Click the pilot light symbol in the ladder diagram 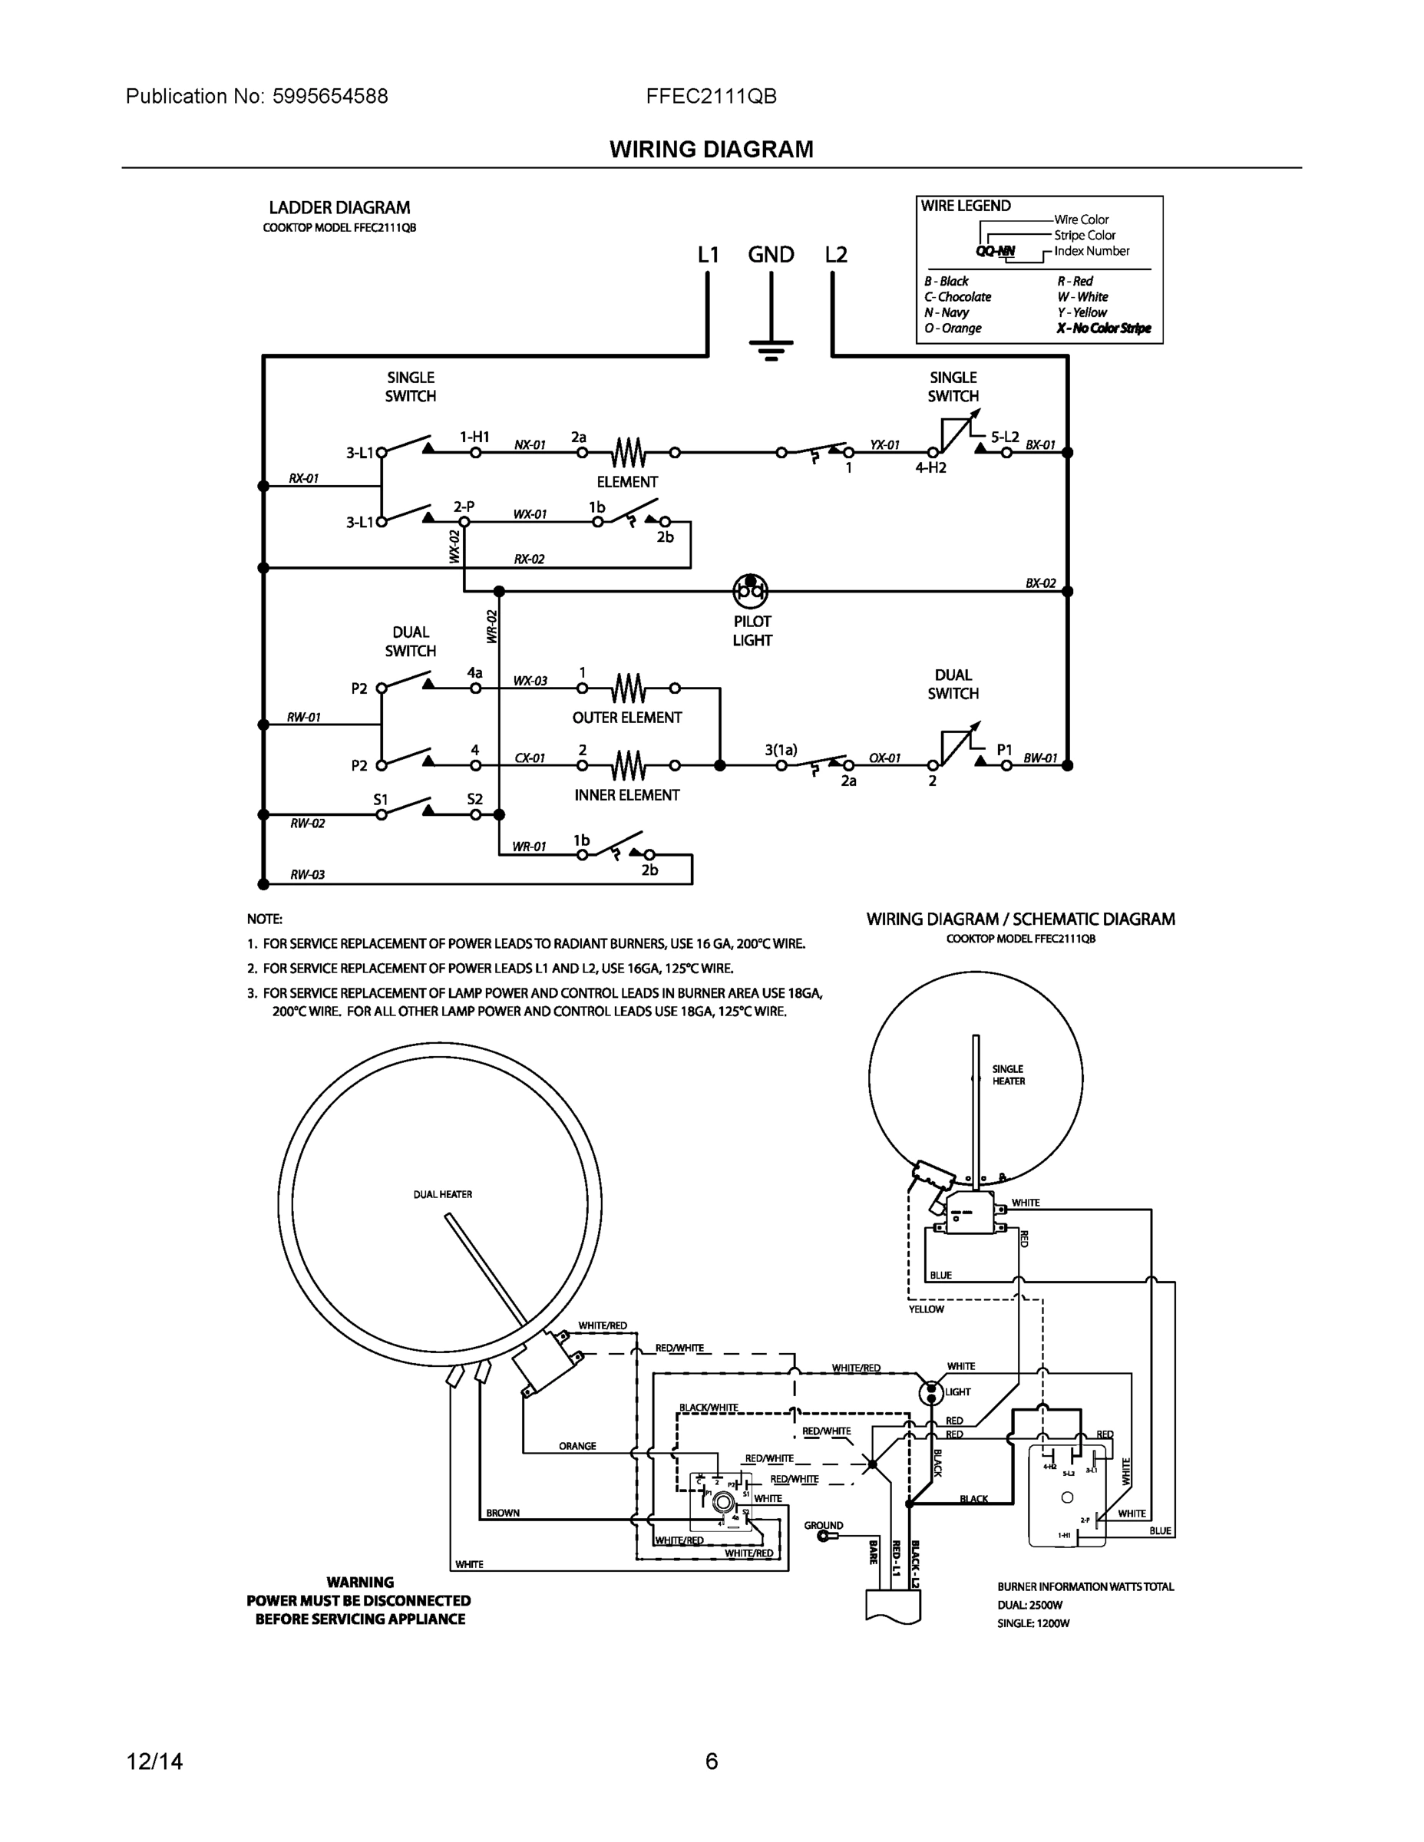tap(750, 591)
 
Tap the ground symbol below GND tap(771, 348)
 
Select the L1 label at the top tap(708, 255)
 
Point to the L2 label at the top tap(835, 255)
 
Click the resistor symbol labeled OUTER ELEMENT tap(629, 689)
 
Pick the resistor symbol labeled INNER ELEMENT tap(629, 766)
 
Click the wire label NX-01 tap(530, 444)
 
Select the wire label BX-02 tap(1040, 583)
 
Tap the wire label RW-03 tap(307, 875)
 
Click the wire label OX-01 tap(885, 758)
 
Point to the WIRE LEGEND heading tap(965, 206)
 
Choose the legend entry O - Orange tap(953, 328)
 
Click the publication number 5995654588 tap(330, 96)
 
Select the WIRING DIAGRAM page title tap(711, 150)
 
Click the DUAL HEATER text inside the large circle tap(442, 1194)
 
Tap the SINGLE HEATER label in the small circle tap(1008, 1074)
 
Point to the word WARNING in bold tap(360, 1583)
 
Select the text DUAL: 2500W tap(1029, 1605)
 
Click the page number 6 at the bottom tap(711, 1761)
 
